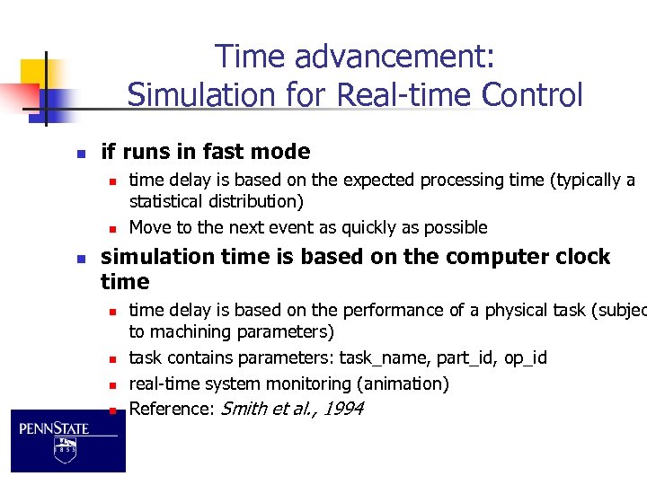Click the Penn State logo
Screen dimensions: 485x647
tap(67, 439)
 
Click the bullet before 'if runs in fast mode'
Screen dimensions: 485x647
tap(80, 153)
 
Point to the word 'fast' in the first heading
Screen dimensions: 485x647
tap(228, 152)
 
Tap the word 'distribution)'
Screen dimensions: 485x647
tap(260, 201)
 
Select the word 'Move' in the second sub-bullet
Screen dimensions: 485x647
tap(150, 227)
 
